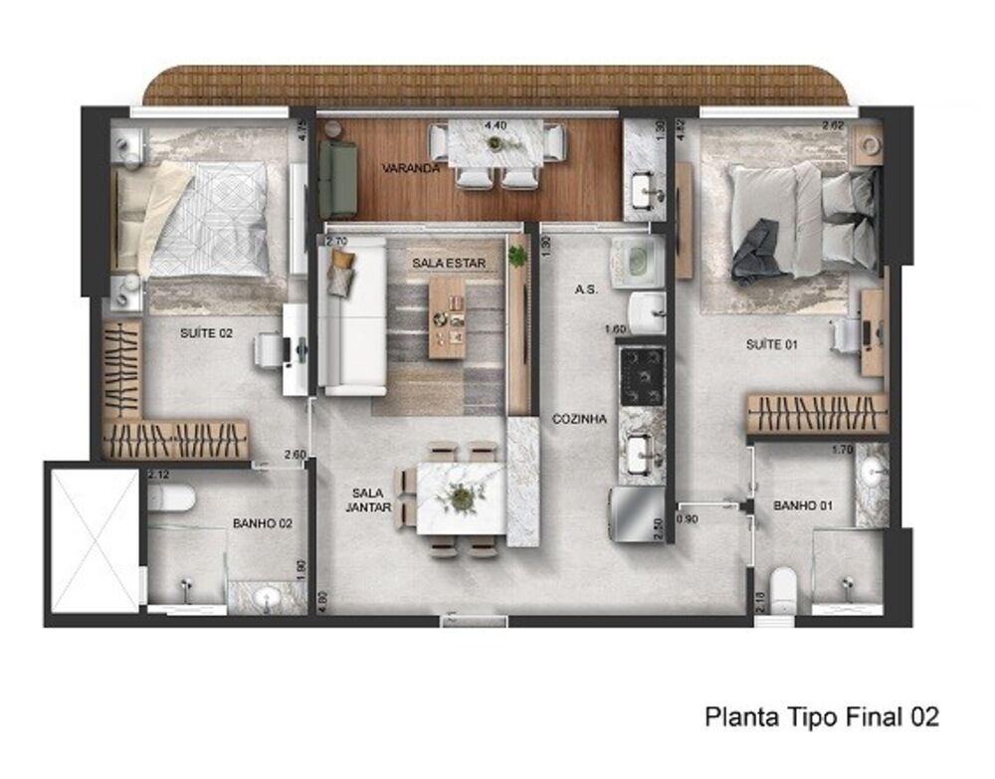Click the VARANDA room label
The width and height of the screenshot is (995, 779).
(x=411, y=168)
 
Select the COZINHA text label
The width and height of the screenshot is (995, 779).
(x=579, y=420)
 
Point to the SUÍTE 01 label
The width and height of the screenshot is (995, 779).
(x=773, y=344)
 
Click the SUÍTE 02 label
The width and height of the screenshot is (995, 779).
(x=207, y=333)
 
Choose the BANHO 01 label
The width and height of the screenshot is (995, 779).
(x=802, y=505)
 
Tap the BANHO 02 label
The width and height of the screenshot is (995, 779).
(x=261, y=522)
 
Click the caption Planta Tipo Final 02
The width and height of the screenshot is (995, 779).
(x=821, y=716)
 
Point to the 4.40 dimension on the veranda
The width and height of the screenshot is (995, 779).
(x=495, y=125)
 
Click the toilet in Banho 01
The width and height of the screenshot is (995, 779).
(x=784, y=586)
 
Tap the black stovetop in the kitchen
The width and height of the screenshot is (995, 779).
(x=642, y=375)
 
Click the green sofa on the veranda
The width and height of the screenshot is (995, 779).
(x=337, y=179)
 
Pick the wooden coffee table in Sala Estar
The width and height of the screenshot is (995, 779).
(x=447, y=317)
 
